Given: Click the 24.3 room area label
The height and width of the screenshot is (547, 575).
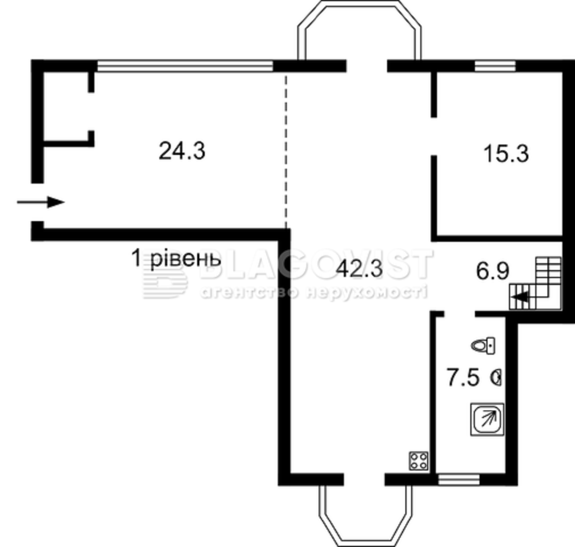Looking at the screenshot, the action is (182, 151).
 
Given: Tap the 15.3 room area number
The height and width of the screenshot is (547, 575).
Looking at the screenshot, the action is (506, 154).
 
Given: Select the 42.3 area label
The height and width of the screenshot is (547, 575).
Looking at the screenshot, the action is (359, 269).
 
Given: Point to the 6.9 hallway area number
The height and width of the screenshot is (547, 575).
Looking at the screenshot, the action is (492, 272).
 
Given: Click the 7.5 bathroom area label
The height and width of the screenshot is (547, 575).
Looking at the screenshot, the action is (463, 378).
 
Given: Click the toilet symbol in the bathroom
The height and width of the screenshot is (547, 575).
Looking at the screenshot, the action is (483, 345).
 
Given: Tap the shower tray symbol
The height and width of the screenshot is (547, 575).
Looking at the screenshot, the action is (487, 419).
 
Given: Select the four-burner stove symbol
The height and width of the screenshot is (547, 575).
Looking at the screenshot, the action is (419, 461).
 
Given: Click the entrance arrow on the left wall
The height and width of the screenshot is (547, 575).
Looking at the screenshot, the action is (40, 202).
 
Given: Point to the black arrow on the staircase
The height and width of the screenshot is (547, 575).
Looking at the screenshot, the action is (522, 296).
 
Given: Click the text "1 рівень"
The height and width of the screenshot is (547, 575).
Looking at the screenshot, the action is (176, 259).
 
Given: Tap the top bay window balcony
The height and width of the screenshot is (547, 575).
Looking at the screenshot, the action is (360, 31).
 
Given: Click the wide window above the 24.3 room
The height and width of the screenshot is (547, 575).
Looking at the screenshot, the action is (185, 66).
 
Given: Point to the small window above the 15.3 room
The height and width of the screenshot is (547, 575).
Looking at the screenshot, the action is (495, 66).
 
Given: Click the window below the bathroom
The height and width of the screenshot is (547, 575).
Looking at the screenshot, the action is (458, 480).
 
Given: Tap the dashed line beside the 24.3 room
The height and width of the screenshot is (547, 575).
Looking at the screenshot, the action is (286, 151).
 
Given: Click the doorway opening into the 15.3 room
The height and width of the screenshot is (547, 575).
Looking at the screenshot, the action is (434, 136).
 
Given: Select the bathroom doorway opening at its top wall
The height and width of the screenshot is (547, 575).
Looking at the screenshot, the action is (460, 314).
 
